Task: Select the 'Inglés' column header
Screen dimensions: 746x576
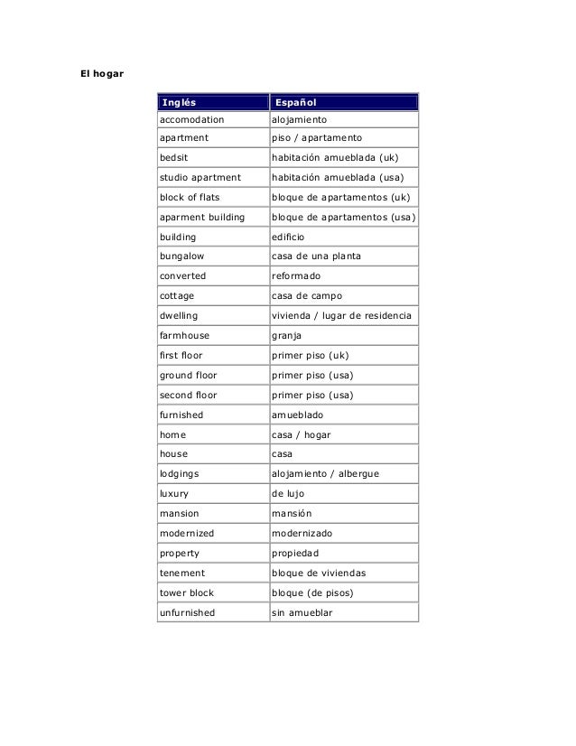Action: click(178, 102)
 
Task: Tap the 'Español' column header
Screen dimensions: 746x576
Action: click(295, 102)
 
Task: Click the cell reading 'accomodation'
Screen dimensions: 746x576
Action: click(191, 119)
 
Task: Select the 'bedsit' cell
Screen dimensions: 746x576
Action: click(174, 157)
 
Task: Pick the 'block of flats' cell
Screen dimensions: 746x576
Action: click(190, 197)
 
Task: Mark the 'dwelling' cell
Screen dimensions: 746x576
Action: click(180, 315)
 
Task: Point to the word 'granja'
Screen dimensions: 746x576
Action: click(287, 335)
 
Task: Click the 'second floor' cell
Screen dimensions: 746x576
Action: click(188, 395)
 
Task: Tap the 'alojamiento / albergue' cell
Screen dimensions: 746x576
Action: click(326, 473)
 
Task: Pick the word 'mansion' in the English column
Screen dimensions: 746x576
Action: click(180, 513)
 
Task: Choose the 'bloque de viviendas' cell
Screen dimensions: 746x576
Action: click(319, 573)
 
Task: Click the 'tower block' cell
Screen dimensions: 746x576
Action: click(187, 592)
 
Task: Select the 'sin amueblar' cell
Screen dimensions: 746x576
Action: click(302, 612)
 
